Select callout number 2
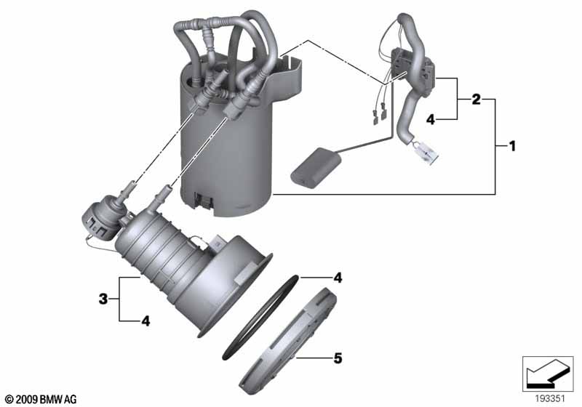click(476, 99)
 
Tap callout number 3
click(104, 298)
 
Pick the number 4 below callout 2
click(430, 119)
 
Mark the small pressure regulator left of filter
click(96, 217)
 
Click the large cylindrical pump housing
click(226, 145)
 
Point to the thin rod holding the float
click(359, 145)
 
